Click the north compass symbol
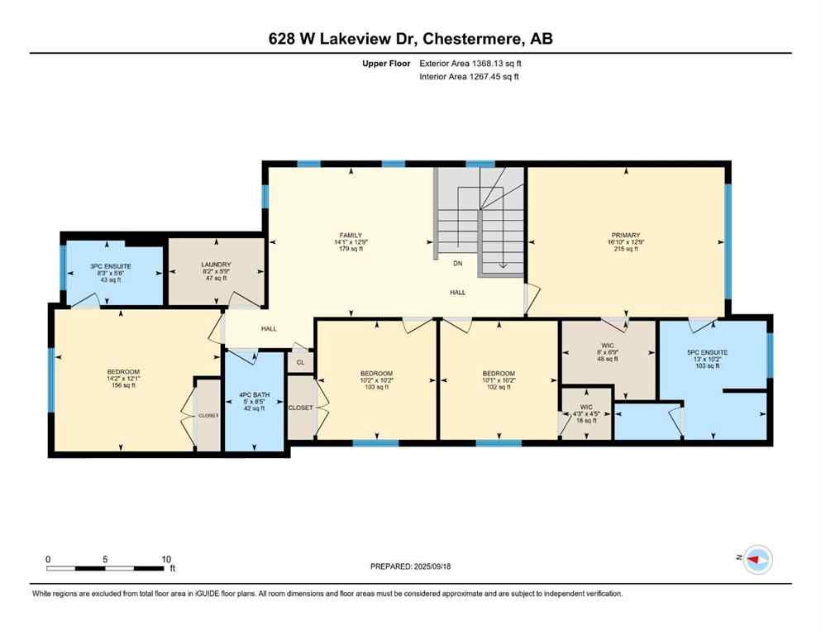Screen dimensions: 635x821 (757, 560)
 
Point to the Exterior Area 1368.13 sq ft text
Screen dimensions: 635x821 (471, 63)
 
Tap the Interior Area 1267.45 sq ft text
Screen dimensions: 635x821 (470, 77)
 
